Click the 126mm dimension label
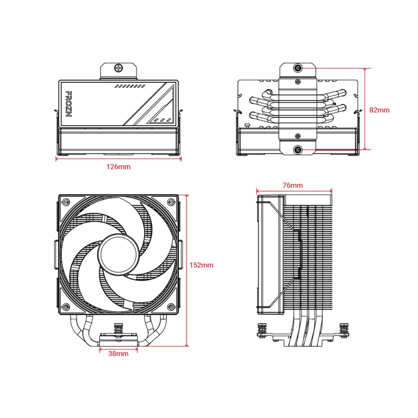[x=119, y=167]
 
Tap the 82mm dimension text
[x=379, y=110]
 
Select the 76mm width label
[x=293, y=185]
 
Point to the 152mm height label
[x=201, y=265]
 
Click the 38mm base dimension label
[x=118, y=354]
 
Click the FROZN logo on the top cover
[x=68, y=104]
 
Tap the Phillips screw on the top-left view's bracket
[x=119, y=68]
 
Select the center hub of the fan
[x=119, y=254]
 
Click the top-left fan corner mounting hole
[x=66, y=202]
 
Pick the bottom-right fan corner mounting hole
[x=171, y=307]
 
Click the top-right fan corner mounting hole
[x=171, y=202]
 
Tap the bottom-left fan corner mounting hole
[x=66, y=307]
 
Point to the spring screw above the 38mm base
[x=119, y=330]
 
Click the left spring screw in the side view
[x=262, y=330]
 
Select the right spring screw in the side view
[x=344, y=330]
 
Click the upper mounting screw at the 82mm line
[x=298, y=68]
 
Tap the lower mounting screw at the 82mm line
[x=298, y=150]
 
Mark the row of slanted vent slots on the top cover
[x=130, y=86]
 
